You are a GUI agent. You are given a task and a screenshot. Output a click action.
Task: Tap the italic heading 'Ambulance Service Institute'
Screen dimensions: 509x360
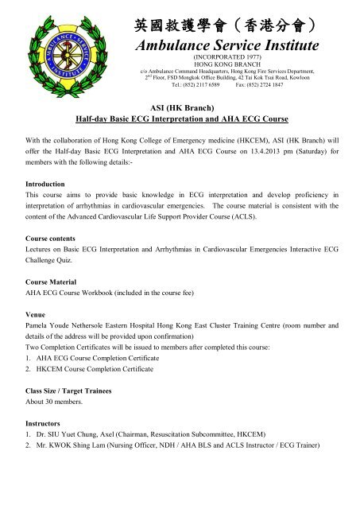point(228,46)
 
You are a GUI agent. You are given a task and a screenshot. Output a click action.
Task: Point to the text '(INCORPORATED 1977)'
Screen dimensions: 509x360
point(228,59)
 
